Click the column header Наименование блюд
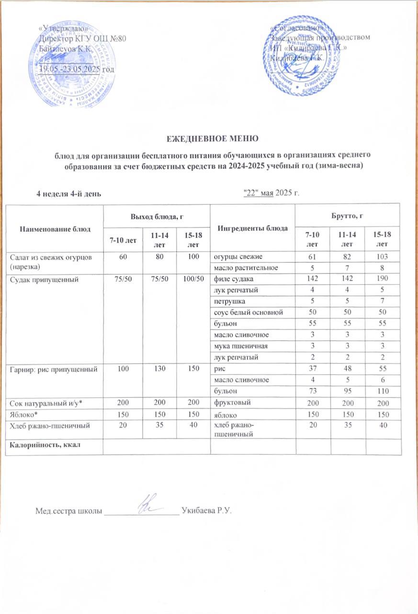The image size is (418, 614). pos(55,229)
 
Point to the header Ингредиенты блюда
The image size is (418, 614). pos(252,228)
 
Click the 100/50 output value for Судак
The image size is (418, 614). pos(193,279)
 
